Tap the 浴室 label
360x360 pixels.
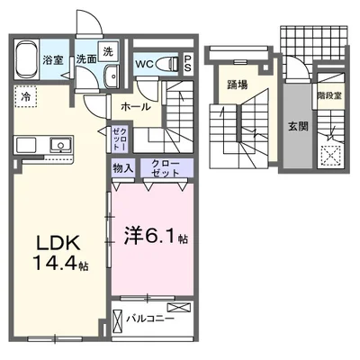tap(53, 60)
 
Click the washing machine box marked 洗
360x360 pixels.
tap(108, 53)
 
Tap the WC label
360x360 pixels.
tap(144, 64)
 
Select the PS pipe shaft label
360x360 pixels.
tap(187, 62)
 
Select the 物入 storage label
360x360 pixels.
tap(122, 167)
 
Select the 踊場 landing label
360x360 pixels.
tap(238, 86)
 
